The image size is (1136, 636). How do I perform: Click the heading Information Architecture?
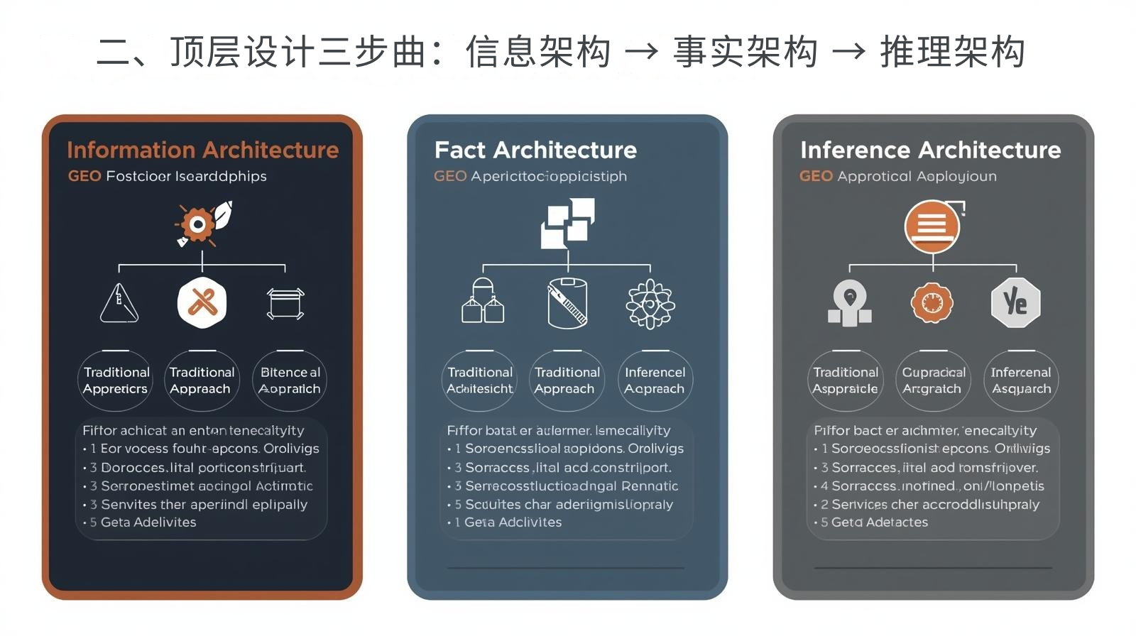[202, 150]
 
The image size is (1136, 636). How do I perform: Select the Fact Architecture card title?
[535, 150]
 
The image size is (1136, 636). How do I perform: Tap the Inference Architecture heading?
[930, 150]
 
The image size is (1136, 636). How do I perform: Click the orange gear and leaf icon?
[203, 224]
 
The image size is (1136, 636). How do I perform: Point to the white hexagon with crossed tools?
[202, 303]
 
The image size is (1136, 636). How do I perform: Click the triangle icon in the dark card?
[119, 303]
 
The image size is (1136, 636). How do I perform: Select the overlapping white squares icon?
[567, 223]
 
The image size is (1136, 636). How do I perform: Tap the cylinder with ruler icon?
[567, 303]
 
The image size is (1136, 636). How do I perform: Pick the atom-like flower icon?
[650, 304]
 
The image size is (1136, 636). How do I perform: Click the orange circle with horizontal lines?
[932, 226]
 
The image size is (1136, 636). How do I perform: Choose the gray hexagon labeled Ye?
[1015, 303]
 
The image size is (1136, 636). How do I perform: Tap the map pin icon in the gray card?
[850, 302]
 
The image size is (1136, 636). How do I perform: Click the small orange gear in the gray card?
[932, 303]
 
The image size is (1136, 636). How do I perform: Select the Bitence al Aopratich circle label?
[290, 380]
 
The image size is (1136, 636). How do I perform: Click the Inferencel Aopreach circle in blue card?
[655, 380]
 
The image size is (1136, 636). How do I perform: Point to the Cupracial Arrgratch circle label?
[933, 380]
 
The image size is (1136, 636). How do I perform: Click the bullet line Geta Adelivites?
[148, 522]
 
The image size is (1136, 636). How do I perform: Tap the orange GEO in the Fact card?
[450, 176]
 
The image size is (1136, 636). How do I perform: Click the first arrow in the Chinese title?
[641, 52]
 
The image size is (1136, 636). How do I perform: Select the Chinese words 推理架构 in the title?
[952, 52]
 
